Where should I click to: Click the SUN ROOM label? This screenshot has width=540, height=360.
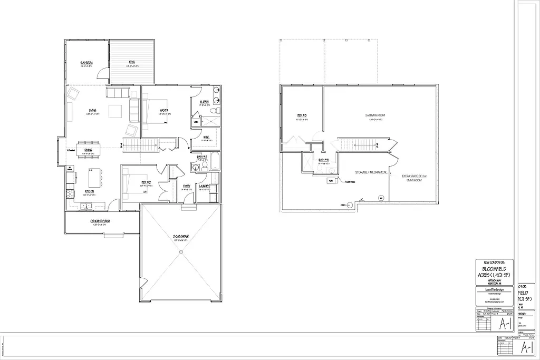coord(86,63)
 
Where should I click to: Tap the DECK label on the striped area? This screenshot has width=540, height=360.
coord(132,63)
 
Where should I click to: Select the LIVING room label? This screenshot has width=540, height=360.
coord(92,110)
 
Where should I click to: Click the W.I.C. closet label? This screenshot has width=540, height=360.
coord(207,138)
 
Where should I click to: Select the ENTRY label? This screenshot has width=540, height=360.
coord(187,186)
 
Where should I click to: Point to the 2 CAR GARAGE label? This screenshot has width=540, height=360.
coord(181,236)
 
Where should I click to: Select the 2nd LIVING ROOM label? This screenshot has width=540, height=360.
coord(375,115)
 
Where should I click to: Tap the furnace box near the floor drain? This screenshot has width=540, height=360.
coord(332,180)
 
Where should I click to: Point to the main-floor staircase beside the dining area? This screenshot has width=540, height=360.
coord(140,144)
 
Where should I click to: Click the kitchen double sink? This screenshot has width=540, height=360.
coord(84,206)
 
